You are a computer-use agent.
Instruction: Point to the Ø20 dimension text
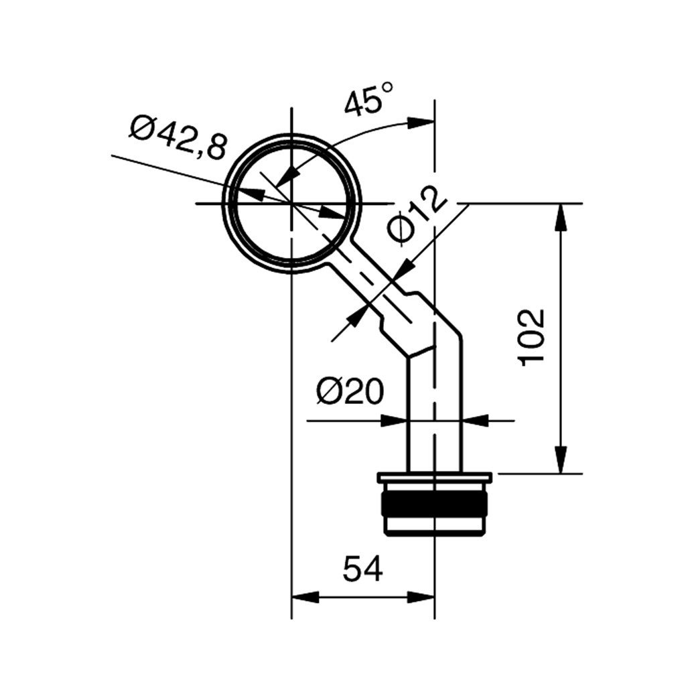(350, 392)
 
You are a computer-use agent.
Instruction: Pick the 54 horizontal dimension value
(362, 570)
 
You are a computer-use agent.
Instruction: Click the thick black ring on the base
(435, 503)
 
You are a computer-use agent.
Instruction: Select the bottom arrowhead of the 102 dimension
(561, 461)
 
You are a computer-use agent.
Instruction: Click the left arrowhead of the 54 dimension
(302, 597)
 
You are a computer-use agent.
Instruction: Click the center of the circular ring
(291, 202)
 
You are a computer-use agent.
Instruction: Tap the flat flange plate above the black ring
(435, 478)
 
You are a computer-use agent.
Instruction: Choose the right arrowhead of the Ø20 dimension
(474, 421)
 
